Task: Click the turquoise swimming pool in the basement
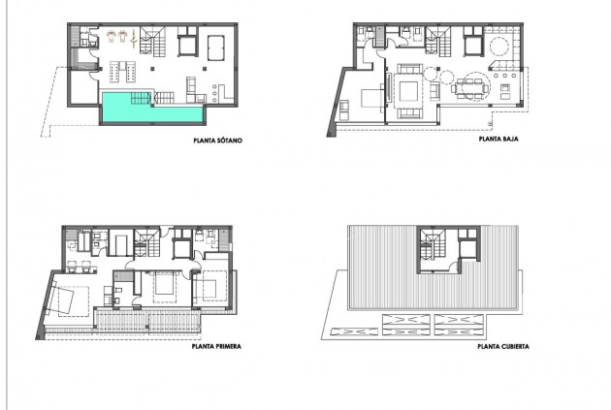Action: click(151, 110)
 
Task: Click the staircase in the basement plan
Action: click(152, 44)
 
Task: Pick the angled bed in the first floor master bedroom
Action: click(66, 299)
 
